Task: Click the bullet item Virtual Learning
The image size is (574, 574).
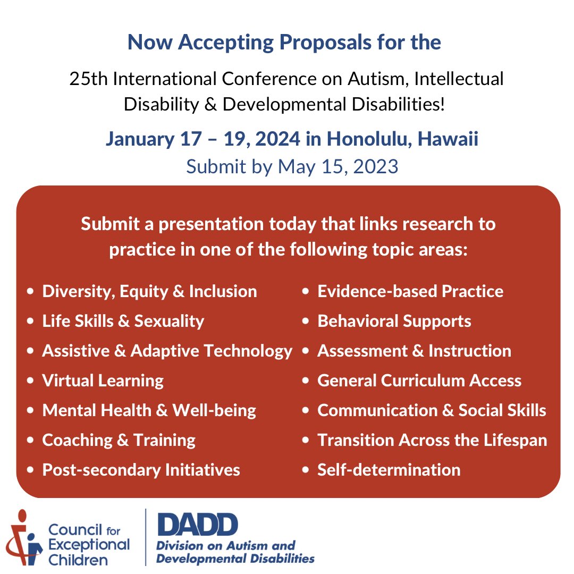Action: coord(103,381)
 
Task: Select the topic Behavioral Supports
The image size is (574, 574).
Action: coord(394,321)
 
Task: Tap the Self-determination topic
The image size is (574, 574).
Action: coord(389,470)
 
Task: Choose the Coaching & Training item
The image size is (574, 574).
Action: coord(119,440)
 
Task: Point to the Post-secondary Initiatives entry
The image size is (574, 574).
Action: coord(141,470)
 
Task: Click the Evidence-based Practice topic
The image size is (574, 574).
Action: coord(410,291)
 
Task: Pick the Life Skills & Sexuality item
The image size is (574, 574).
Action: coord(123,321)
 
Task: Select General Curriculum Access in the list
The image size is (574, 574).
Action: coord(419,381)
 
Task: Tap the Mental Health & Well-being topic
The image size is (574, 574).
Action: coord(149,410)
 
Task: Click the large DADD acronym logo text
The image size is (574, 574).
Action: coord(197,525)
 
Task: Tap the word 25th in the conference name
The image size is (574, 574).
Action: coord(89,80)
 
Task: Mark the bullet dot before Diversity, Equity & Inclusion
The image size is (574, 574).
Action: coord(30,292)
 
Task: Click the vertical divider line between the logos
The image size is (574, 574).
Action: coord(146,537)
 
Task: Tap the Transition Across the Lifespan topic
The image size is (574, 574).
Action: coord(432,440)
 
